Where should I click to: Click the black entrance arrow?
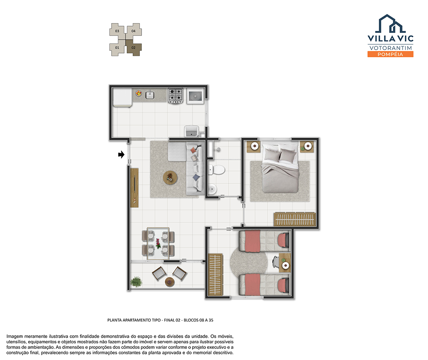[x=121, y=155]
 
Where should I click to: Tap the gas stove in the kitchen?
[x=175, y=96]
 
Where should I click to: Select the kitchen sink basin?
[x=149, y=94]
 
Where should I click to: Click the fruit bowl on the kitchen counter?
[x=139, y=93]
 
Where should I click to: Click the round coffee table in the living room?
[x=170, y=178]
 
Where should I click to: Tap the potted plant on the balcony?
[x=136, y=282]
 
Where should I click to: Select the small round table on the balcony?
[x=169, y=282]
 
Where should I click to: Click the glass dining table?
[x=158, y=243]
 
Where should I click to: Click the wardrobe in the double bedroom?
[x=295, y=219]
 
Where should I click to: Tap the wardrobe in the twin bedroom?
[x=215, y=274]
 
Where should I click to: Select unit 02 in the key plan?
[x=134, y=48]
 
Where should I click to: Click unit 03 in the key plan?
[x=117, y=31]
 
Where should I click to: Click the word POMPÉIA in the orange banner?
[x=390, y=54]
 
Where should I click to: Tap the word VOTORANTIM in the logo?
[x=390, y=48]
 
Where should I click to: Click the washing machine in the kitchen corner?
[x=195, y=96]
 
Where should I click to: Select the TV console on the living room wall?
[x=134, y=188]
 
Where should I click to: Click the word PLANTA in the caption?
[x=114, y=320]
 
